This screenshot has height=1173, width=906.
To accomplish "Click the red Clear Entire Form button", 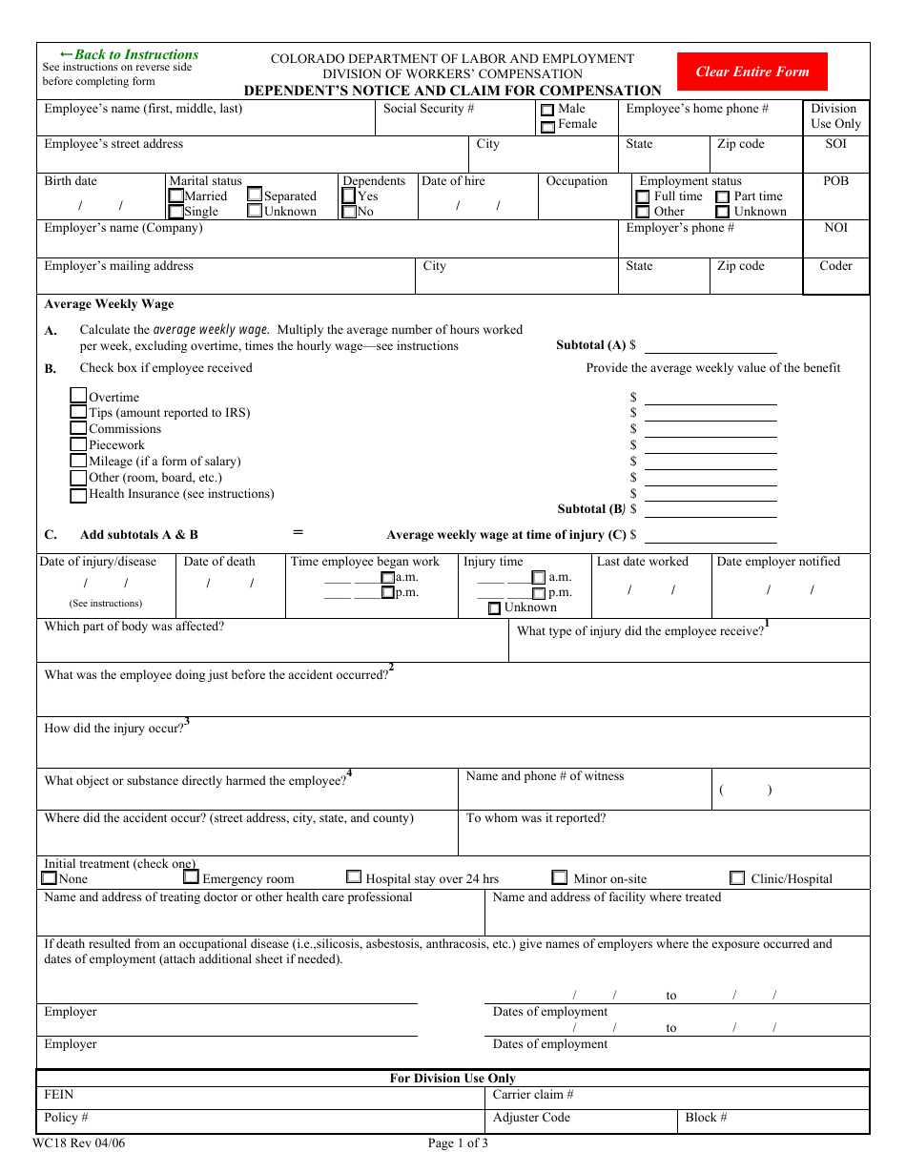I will (752, 72).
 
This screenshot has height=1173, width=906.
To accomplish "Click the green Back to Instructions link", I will (129, 54).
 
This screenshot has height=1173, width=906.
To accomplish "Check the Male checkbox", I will (547, 111).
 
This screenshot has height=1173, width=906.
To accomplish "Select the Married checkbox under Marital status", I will (175, 195).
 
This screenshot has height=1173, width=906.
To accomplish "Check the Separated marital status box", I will (255, 195).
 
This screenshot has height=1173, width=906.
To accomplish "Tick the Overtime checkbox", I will (78, 396).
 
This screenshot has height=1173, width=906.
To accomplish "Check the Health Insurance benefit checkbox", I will (78, 495).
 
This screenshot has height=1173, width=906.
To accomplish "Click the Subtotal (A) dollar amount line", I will (710, 345).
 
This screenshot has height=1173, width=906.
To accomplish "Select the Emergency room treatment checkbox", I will (191, 876).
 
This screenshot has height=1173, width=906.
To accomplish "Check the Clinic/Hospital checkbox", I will (737, 877).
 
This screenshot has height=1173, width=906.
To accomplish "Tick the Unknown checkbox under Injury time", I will (494, 608).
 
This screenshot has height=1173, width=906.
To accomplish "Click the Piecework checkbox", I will (78, 444).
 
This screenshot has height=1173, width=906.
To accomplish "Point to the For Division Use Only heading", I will (452, 1079).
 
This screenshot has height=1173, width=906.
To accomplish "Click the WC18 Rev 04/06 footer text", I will (78, 1143).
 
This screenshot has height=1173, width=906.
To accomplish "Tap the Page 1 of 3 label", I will (458, 1143).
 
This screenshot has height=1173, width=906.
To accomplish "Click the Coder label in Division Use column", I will (835, 266).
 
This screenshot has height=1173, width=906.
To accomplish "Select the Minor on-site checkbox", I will (560, 877).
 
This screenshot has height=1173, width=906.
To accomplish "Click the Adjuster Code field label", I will (531, 1118).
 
